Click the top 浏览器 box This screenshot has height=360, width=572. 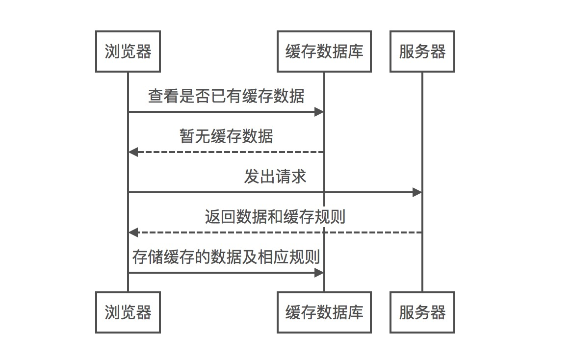(x=128, y=51)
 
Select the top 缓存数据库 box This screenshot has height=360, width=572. (x=324, y=51)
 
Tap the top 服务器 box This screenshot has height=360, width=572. (x=422, y=51)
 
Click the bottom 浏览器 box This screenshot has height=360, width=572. (x=128, y=312)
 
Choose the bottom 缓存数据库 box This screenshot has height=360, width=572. (x=324, y=312)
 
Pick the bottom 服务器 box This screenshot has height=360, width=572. (x=422, y=312)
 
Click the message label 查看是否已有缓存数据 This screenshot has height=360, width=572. (x=226, y=96)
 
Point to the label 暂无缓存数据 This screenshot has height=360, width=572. (x=226, y=136)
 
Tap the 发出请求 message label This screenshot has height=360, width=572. (x=275, y=176)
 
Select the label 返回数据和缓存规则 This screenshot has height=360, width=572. (x=275, y=216)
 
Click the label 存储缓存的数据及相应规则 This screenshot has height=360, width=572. (x=226, y=257)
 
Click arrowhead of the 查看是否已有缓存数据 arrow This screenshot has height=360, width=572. (x=319, y=112)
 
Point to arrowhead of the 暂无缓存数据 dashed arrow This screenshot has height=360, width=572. (x=133, y=152)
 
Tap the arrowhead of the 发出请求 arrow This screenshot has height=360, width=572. (x=417, y=192)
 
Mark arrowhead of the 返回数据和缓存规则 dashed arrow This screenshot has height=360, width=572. (x=133, y=232)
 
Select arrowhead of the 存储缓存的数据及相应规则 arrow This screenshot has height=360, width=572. (x=319, y=273)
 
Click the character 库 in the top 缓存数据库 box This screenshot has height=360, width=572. (x=356, y=51)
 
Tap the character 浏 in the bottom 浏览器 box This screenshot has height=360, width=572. (x=112, y=312)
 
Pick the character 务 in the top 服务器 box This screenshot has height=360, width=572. (x=422, y=51)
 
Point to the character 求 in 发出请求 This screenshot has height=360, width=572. (x=299, y=176)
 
